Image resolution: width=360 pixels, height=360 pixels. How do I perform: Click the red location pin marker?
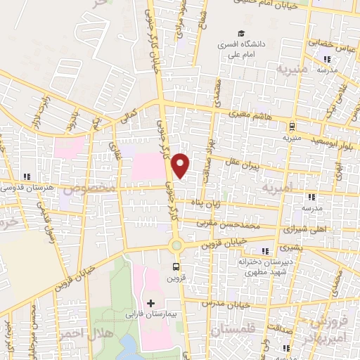(181, 165)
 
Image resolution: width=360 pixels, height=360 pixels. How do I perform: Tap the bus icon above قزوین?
(176, 266)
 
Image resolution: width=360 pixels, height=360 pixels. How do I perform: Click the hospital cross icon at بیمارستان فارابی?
(151, 303)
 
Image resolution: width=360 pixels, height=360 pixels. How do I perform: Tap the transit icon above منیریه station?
(292, 127)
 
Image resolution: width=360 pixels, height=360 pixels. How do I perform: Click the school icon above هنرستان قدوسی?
(27, 176)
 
